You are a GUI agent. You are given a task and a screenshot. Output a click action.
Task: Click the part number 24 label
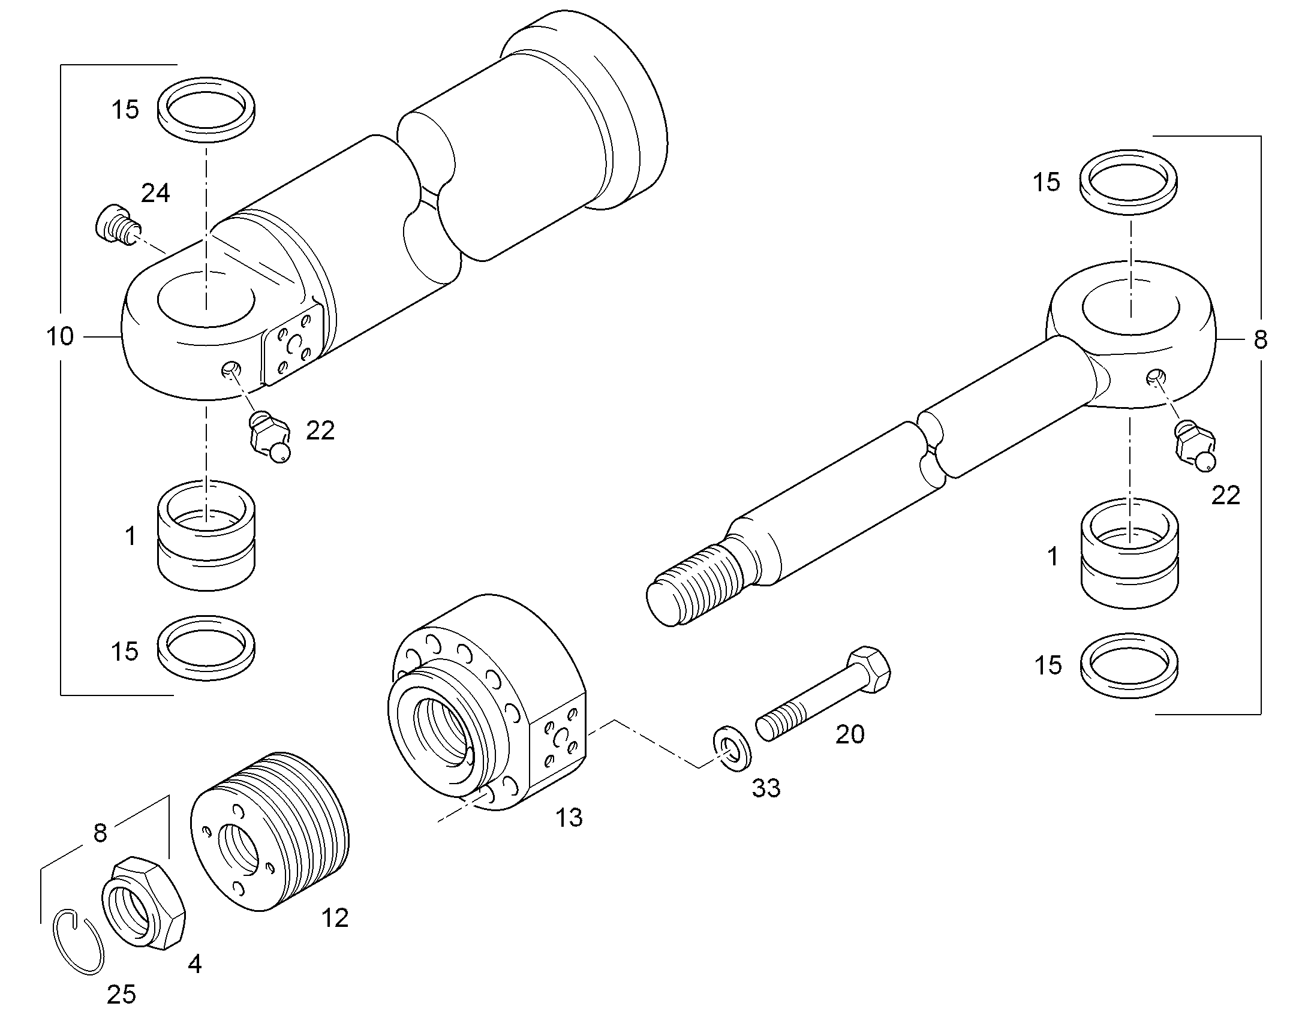(155, 193)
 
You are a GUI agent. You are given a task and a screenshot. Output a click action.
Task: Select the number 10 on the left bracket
(60, 337)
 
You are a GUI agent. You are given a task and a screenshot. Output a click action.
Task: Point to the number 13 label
(569, 818)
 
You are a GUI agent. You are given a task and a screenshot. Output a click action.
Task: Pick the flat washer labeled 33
(731, 749)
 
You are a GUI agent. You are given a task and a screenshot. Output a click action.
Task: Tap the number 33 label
(766, 788)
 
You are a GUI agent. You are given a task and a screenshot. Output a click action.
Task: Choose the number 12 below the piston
(335, 918)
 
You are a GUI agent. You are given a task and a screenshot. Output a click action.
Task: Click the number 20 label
(850, 734)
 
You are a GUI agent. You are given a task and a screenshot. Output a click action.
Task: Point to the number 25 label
(122, 995)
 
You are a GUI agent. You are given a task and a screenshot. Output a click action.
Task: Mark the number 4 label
(194, 965)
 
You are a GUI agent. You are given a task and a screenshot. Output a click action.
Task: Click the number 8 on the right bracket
(1261, 341)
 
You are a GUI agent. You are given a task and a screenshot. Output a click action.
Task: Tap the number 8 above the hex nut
(100, 833)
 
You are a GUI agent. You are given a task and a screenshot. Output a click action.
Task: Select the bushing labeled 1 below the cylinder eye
(206, 536)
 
